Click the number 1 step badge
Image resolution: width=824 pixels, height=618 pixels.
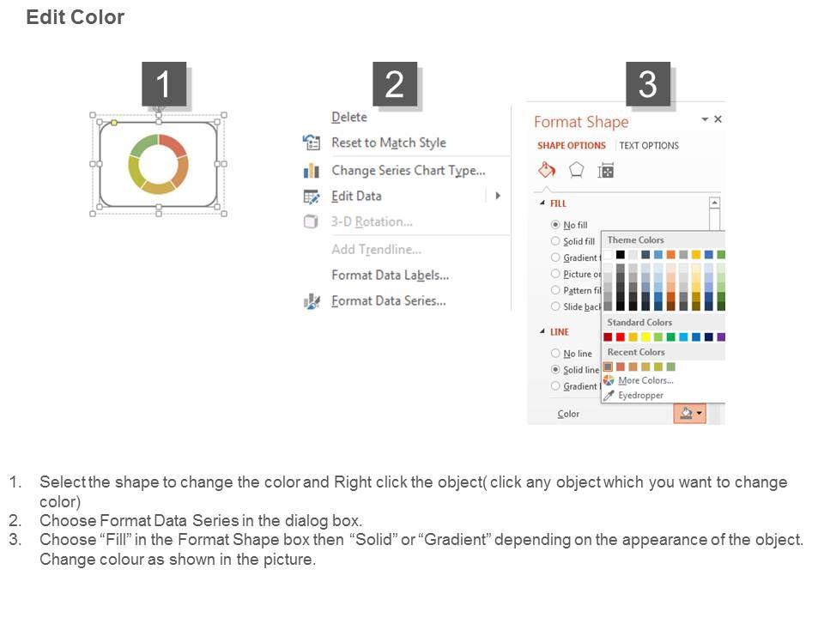(164, 84)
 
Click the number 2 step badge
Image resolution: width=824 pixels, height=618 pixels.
(395, 84)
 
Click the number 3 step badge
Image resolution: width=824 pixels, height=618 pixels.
(647, 84)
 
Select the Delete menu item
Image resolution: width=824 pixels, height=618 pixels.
(349, 118)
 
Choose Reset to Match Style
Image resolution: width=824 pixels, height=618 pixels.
(388, 143)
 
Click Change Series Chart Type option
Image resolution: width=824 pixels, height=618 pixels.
(409, 171)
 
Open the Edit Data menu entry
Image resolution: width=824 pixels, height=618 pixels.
(356, 196)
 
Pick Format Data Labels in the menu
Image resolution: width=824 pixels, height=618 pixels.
(390, 276)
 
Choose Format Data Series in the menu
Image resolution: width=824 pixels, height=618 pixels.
(388, 301)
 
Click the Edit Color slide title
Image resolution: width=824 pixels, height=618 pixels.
(76, 17)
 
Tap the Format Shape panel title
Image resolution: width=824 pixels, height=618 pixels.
(581, 122)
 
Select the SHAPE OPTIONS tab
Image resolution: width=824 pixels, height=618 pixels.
(572, 146)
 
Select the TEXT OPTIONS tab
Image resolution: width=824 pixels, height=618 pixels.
(649, 146)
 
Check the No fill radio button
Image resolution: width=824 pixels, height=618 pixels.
(555, 224)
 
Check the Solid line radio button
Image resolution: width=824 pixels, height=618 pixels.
(555, 369)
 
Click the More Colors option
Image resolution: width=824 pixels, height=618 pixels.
(645, 380)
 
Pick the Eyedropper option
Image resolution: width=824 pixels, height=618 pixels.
(640, 395)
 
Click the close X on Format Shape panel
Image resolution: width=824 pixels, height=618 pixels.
(718, 119)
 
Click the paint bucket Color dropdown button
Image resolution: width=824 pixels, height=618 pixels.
(689, 414)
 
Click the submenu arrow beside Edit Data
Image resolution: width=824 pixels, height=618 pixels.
(498, 196)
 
